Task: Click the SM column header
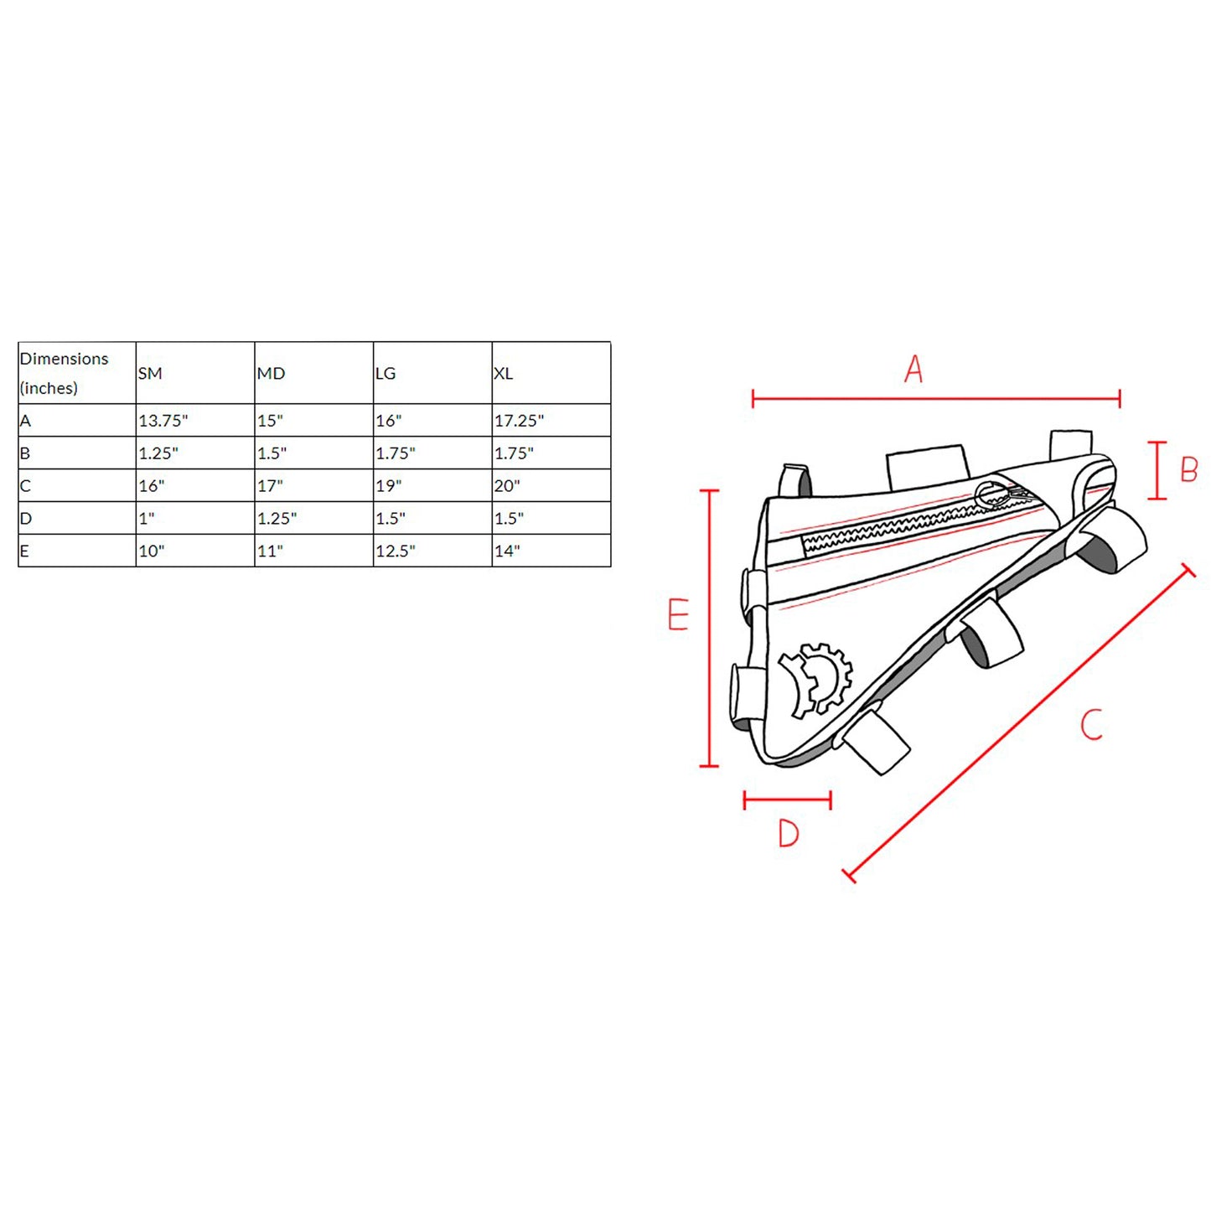click(x=149, y=373)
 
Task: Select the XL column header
click(x=503, y=373)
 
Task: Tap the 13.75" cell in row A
click(x=163, y=421)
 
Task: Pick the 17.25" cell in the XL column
click(x=519, y=421)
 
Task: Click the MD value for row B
click(x=272, y=453)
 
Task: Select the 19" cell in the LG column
click(x=388, y=486)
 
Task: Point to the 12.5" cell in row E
click(x=396, y=551)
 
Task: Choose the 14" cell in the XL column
click(x=507, y=551)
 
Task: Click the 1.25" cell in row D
click(x=277, y=519)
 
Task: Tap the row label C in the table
click(x=25, y=486)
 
